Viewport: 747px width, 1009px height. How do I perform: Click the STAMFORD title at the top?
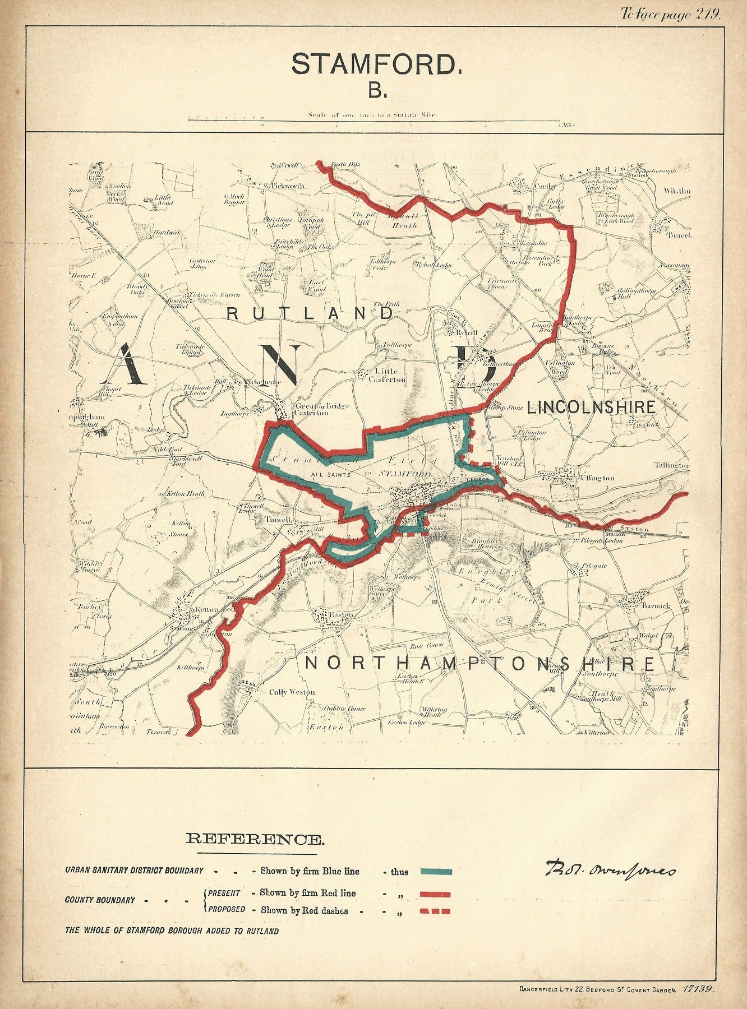(376, 64)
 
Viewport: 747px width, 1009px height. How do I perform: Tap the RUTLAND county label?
(310, 313)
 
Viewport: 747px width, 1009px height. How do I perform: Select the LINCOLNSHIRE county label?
(591, 407)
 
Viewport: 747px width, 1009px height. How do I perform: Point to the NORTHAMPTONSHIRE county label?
(480, 664)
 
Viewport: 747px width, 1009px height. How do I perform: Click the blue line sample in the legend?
(435, 887)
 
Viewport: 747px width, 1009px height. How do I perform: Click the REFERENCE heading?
(255, 839)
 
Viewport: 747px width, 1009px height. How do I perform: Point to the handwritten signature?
(609, 886)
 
